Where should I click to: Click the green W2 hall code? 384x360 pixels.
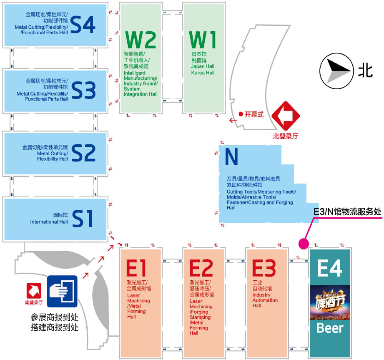pos(141,40)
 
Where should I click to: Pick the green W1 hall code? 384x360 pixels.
pos(203,40)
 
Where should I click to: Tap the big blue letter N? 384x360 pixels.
pos(231,157)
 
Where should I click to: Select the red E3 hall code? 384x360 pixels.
pos(264,268)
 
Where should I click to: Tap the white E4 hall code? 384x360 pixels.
pos(330,268)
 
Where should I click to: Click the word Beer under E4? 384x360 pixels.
pos(330,328)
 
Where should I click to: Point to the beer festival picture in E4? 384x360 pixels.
pos(330,302)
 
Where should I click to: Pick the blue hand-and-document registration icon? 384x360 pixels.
pos(62,290)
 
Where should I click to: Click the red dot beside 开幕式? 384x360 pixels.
pos(241,113)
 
